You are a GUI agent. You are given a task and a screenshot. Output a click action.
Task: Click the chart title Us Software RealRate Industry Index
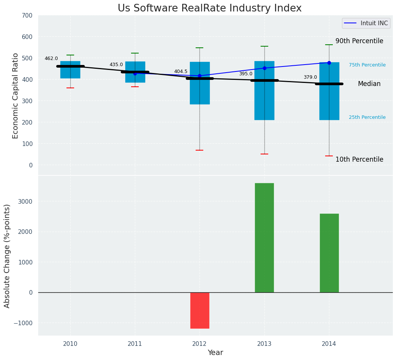coord(209,8)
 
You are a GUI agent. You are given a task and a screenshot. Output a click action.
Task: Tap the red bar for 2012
coord(199,310)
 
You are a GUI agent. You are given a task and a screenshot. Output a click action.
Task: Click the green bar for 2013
coord(264,238)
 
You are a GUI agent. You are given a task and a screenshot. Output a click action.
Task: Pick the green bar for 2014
coord(329,253)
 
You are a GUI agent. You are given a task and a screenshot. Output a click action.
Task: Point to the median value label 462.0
coord(51,58)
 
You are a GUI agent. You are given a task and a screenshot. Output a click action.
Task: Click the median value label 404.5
coord(181,71)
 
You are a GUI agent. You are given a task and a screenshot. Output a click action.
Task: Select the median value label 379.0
coord(310,77)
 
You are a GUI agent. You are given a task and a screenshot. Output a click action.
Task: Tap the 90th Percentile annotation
coord(359,41)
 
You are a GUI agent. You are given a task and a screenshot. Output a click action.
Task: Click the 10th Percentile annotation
coord(359,159)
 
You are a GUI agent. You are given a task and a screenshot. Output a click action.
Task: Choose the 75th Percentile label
coord(367,65)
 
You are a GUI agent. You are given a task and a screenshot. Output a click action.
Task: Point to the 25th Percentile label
coord(367,117)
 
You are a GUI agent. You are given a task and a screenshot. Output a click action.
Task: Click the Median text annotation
coord(369,84)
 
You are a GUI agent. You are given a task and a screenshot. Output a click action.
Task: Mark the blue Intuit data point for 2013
coord(264,68)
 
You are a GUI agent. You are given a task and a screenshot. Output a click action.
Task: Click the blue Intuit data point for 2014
coord(329,63)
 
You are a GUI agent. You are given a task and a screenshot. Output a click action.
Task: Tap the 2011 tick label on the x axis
coord(135,344)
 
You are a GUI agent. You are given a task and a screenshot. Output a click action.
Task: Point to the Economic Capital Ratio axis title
coord(16,96)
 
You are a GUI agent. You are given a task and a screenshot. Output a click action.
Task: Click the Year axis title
coord(216,353)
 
